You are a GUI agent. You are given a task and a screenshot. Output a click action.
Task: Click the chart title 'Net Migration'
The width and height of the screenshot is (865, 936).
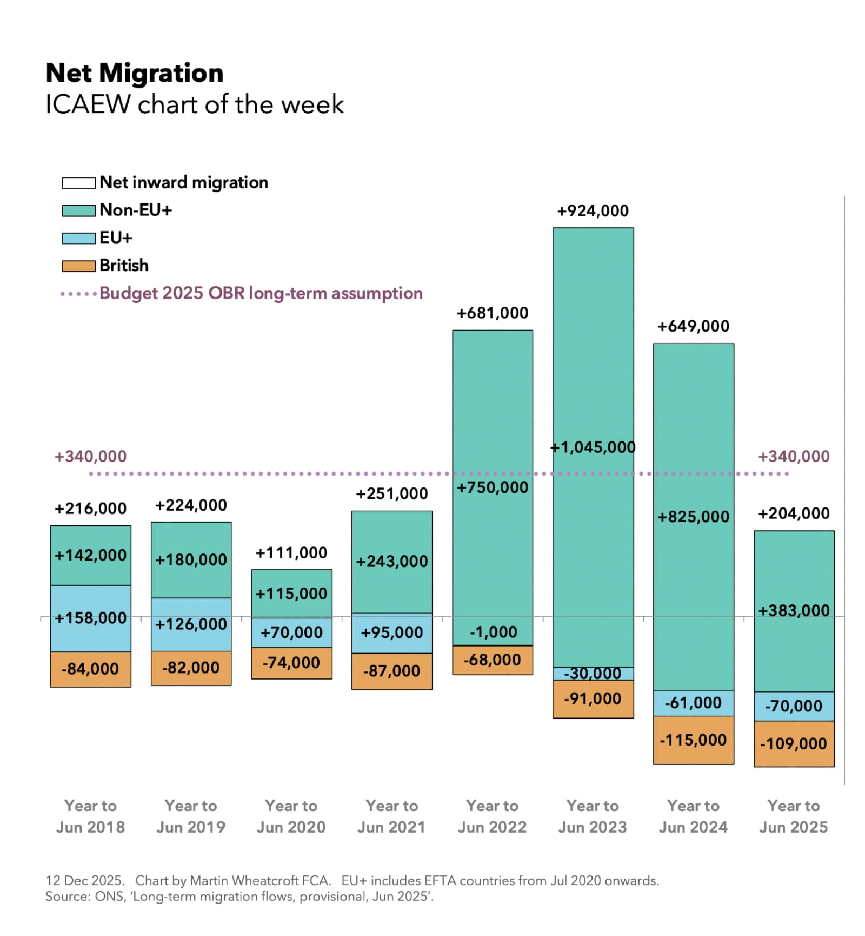(135, 73)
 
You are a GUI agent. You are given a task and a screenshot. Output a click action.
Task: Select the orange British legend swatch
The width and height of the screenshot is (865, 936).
(78, 266)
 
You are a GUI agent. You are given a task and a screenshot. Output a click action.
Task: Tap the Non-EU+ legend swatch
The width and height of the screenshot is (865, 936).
(78, 210)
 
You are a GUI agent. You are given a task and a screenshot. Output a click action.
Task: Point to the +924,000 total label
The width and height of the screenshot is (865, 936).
(593, 211)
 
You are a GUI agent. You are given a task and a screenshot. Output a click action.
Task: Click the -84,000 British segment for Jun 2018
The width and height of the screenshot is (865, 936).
(90, 669)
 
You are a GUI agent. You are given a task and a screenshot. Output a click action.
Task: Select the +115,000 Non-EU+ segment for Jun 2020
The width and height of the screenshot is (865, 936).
(291, 594)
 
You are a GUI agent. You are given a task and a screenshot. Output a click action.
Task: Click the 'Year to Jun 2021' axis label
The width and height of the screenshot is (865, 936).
(391, 816)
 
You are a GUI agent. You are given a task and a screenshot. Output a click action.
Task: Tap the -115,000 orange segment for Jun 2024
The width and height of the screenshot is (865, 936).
(693, 740)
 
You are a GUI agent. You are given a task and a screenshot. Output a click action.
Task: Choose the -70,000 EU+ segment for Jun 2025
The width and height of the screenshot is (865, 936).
(794, 706)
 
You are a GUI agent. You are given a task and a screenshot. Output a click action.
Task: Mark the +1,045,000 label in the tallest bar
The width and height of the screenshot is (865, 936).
(593, 447)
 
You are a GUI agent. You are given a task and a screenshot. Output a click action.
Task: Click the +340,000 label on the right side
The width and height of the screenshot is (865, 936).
(793, 457)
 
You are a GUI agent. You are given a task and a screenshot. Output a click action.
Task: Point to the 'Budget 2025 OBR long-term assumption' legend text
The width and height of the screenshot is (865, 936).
(261, 293)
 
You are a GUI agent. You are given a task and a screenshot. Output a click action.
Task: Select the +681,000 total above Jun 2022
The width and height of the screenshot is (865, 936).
(492, 313)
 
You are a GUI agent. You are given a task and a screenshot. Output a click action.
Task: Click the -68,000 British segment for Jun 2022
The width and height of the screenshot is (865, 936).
(492, 660)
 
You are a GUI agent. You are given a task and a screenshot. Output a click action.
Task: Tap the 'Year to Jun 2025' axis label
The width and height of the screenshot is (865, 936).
(793, 816)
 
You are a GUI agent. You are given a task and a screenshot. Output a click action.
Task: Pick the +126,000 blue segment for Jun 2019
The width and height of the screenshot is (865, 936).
(191, 624)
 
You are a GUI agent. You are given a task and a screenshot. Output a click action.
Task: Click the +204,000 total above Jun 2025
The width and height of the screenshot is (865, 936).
(793, 513)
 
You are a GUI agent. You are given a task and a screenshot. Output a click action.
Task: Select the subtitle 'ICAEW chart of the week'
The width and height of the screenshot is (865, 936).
(195, 104)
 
